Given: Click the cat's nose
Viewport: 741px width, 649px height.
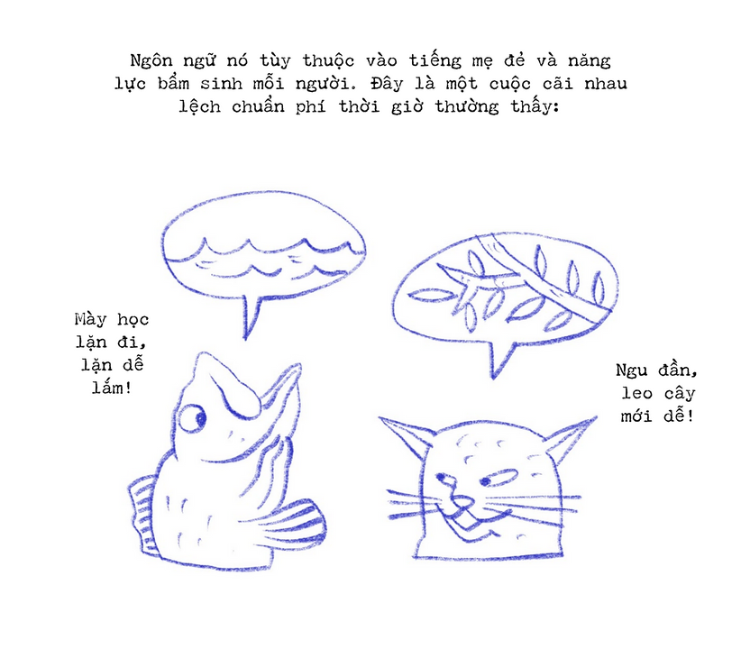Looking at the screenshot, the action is point(462,501).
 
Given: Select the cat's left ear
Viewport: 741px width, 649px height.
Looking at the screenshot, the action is point(407,437).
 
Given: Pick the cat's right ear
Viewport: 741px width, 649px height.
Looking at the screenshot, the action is point(571,438).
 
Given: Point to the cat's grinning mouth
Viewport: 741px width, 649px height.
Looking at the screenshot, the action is point(475,523).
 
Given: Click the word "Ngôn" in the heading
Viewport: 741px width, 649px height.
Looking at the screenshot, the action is point(151,60).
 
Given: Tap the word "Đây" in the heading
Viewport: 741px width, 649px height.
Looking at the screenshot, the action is point(387,84).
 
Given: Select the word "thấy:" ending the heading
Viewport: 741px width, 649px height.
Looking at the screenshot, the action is point(535,106).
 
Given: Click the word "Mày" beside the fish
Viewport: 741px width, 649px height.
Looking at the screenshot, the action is point(90,319).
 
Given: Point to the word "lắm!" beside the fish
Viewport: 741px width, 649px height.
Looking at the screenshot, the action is point(112,388).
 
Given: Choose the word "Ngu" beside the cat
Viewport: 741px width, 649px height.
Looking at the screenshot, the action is point(631,370).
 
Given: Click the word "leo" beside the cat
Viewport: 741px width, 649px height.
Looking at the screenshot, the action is point(637,393).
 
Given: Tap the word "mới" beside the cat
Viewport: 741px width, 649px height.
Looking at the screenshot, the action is point(636,416).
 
